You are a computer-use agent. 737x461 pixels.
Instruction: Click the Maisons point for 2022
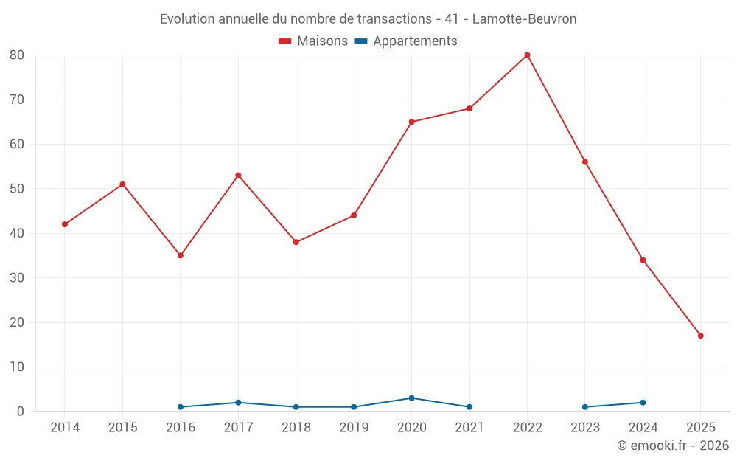(x=527, y=55)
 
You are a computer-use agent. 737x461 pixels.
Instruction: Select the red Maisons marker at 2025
(x=700, y=336)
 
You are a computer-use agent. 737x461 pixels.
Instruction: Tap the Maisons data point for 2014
(x=65, y=224)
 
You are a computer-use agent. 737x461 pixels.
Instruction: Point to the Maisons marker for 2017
(x=238, y=176)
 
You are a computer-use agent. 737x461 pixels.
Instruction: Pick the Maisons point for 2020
(x=411, y=122)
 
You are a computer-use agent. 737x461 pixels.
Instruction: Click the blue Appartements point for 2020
(x=411, y=398)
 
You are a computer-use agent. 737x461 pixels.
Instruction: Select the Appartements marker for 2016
(x=181, y=407)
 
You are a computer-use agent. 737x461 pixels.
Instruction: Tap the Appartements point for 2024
(x=643, y=403)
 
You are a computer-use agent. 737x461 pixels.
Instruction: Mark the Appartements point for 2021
(x=469, y=407)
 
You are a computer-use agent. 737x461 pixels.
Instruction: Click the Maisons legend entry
(x=313, y=41)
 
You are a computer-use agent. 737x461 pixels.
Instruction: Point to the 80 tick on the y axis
(x=17, y=55)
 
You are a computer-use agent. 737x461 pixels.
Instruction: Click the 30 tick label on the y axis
(x=17, y=278)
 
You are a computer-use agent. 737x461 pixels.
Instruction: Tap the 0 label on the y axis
(x=21, y=412)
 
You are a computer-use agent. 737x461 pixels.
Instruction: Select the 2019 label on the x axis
(x=354, y=428)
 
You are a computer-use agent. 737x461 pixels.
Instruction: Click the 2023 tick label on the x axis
(x=585, y=428)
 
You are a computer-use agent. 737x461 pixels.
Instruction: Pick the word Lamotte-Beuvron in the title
(x=525, y=18)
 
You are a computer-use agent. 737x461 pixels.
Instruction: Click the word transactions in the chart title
(x=394, y=18)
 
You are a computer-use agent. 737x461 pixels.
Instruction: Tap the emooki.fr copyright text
(x=673, y=446)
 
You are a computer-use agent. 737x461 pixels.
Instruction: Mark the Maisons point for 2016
(x=181, y=255)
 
